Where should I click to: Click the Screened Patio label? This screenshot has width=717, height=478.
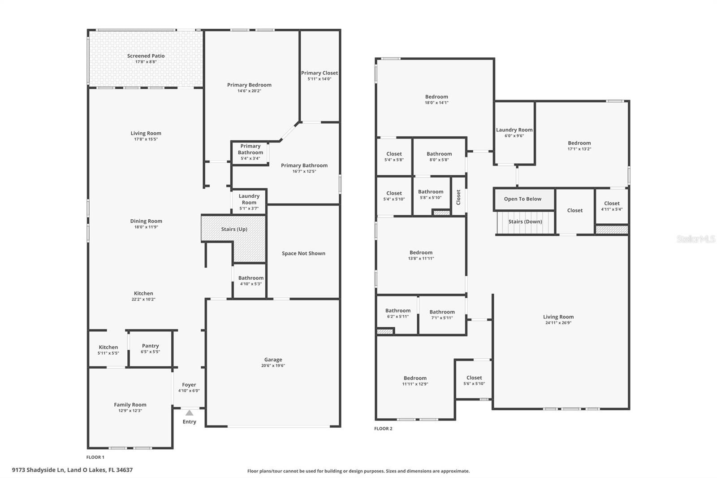(x=146, y=56)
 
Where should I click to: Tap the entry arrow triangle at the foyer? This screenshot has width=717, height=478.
(x=190, y=413)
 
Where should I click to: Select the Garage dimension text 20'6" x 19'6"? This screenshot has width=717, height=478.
(x=273, y=365)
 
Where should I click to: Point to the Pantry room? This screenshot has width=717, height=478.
(x=151, y=348)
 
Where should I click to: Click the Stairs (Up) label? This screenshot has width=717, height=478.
(x=234, y=229)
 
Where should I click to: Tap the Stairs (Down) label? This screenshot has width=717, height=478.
(x=525, y=222)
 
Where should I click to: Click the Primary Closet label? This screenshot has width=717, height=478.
(x=320, y=73)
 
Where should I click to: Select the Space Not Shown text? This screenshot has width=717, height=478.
(x=303, y=253)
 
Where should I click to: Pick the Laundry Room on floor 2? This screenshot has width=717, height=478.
(x=514, y=133)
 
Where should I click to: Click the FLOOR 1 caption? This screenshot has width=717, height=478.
(x=95, y=457)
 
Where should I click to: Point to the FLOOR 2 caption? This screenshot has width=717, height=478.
(x=383, y=428)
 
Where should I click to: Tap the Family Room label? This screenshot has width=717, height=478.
(x=130, y=404)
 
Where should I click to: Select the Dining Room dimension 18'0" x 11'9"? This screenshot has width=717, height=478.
(x=146, y=227)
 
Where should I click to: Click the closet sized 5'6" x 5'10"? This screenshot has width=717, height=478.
(x=474, y=380)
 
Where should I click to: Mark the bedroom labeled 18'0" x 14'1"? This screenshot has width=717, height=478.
(x=436, y=99)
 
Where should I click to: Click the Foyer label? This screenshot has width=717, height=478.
(x=189, y=385)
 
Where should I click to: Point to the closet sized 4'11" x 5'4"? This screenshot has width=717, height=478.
(x=612, y=206)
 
